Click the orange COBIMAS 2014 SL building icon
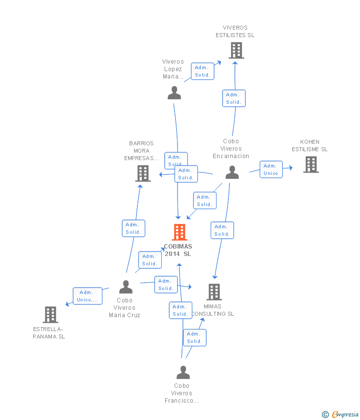(x=179, y=232)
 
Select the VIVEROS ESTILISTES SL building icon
(x=236, y=50)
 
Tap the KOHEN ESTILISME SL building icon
(x=311, y=165)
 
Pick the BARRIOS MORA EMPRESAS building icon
(x=143, y=173)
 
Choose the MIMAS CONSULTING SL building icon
(x=214, y=292)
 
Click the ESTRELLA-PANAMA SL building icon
(x=50, y=314)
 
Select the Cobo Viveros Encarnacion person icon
(x=232, y=172)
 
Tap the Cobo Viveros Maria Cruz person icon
(x=126, y=287)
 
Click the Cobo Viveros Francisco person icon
(x=183, y=373)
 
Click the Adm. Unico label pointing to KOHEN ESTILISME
(x=271, y=169)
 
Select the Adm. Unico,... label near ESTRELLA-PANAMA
(x=88, y=296)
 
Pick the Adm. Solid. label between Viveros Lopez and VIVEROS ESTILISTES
(x=202, y=71)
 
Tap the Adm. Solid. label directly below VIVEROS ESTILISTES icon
(x=233, y=98)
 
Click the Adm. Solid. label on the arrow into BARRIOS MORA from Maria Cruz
(x=133, y=228)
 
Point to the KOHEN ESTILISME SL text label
(x=310, y=146)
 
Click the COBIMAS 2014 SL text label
(x=178, y=250)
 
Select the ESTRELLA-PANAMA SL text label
(x=49, y=333)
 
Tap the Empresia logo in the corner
(x=341, y=414)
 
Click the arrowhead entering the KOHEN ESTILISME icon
(x=291, y=168)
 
